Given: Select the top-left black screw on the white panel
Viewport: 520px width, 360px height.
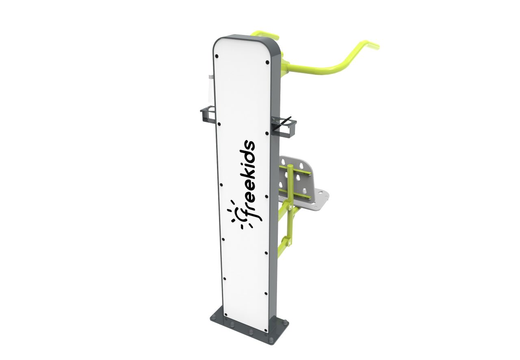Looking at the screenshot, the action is pos(217,56).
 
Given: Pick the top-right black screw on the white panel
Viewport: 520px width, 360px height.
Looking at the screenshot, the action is pos(267,62).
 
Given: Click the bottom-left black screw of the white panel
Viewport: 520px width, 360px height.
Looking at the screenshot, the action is pos(226,315).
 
